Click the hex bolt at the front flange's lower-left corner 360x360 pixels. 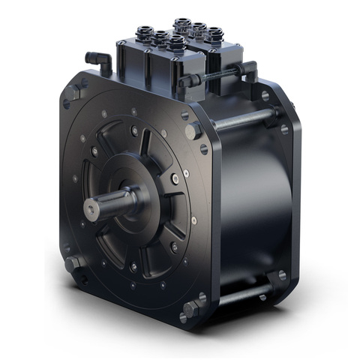[73, 264]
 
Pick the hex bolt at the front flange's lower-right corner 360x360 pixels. [193, 307]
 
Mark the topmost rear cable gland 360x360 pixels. [182, 24]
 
